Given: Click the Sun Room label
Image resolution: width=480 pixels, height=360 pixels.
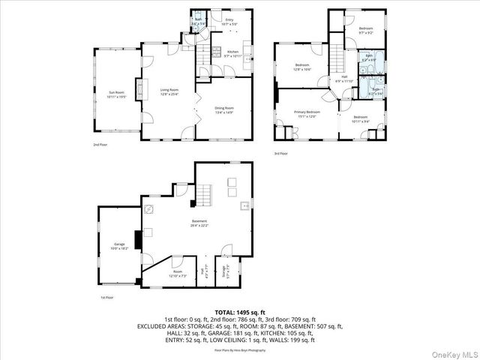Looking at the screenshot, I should (115, 94).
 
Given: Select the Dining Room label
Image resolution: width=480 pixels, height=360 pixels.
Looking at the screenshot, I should (225, 111).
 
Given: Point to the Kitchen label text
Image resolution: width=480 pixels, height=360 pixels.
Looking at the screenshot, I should (232, 53).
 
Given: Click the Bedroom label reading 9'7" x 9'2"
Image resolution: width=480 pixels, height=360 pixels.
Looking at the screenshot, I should (365, 31).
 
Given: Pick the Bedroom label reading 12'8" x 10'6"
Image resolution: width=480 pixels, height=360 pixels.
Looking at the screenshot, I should (302, 67).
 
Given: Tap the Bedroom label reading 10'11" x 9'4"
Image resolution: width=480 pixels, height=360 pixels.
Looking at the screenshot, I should (361, 118).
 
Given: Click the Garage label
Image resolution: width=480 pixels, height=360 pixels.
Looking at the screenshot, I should (119, 246).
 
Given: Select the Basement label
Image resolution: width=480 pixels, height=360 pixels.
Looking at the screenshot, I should (199, 223).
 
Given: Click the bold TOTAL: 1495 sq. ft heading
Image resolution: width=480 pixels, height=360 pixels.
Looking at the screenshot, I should (239, 312).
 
